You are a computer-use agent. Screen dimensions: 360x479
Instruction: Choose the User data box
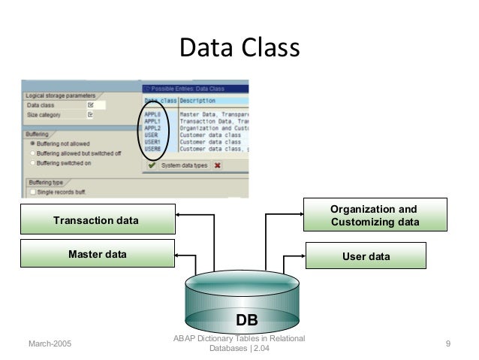point(366,256)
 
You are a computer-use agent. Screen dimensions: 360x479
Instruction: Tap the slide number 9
point(447,344)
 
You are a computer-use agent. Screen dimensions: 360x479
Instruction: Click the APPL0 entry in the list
point(156,114)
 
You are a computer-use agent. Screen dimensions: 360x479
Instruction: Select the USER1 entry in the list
point(156,141)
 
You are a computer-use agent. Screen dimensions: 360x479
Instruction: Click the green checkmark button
point(152,165)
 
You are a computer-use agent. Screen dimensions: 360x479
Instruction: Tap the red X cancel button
point(217,165)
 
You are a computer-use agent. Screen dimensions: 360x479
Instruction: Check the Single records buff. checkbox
point(32,192)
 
